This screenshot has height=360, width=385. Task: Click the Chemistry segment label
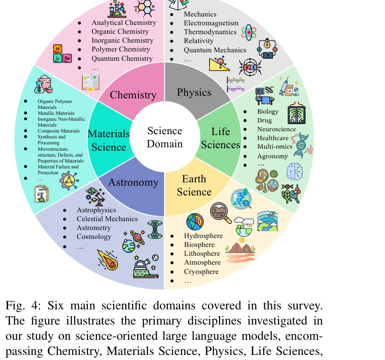tap(133, 95)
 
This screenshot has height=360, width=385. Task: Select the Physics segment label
tap(194, 92)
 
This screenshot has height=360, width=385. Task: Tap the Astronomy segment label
tap(133, 182)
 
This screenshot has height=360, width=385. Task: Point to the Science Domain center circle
tap(165, 137)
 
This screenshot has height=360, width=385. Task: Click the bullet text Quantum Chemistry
tap(122, 59)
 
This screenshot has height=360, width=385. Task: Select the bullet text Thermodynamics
tap(210, 32)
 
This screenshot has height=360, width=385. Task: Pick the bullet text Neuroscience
tap(277, 130)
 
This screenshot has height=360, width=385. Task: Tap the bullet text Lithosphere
tap(202, 254)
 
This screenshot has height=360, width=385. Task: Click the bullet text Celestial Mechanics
tap(107, 219)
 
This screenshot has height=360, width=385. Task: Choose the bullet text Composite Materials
tap(59, 131)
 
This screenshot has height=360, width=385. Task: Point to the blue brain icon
tap(294, 171)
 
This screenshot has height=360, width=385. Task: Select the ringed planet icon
tap(135, 238)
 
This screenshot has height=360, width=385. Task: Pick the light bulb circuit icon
tap(267, 49)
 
